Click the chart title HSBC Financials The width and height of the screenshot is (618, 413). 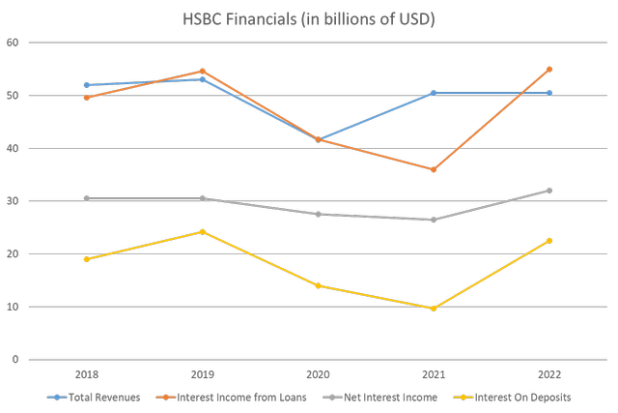[308, 19]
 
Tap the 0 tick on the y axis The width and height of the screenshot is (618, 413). [14, 360]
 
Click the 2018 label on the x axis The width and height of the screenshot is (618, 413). [87, 373]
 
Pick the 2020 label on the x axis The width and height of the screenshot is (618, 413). [318, 373]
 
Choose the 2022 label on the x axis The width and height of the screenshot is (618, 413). [548, 373]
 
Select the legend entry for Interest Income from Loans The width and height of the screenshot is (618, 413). [223, 397]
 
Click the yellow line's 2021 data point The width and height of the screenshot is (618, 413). [434, 309]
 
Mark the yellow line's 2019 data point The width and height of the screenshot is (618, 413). [202, 231]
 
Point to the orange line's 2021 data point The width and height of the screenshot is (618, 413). [434, 170]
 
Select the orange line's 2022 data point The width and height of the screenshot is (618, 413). [548, 69]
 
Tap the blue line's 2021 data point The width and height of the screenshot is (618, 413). [434, 93]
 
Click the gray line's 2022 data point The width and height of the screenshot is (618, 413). [548, 191]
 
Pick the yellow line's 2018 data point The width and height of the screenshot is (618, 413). [87, 259]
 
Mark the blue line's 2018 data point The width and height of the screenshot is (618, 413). [87, 85]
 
